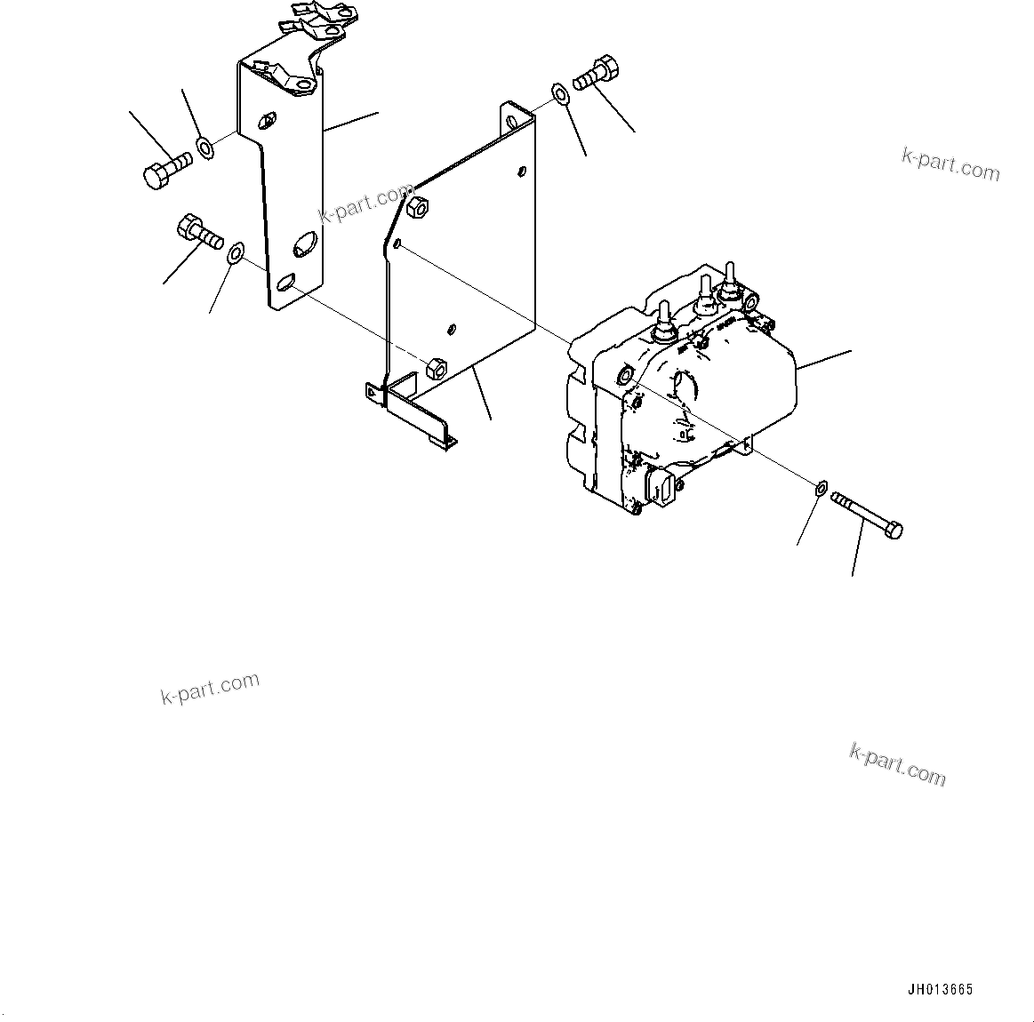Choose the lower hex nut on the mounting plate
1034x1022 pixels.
[437, 366]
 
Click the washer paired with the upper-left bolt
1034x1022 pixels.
[204, 147]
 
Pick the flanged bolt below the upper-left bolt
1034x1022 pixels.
[200, 229]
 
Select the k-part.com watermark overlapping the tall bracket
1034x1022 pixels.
[365, 204]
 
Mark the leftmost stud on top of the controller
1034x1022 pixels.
[662, 324]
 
